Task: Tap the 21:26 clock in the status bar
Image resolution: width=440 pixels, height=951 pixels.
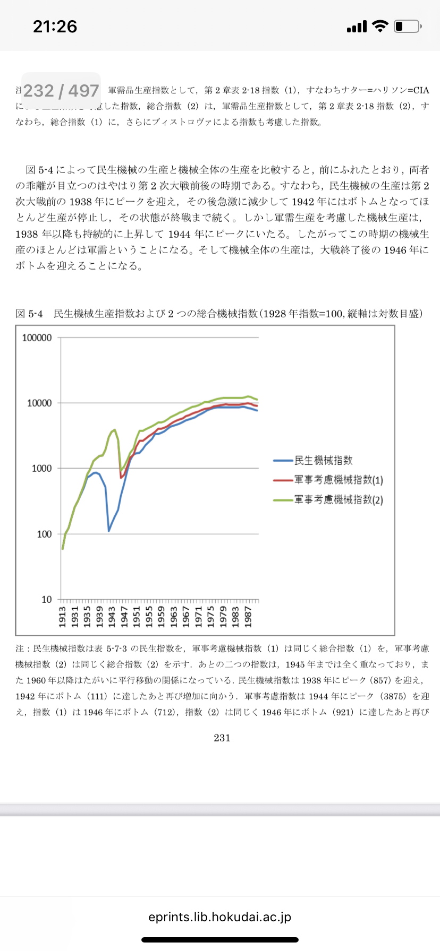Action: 55,27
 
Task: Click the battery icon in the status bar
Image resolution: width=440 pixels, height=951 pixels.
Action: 408,26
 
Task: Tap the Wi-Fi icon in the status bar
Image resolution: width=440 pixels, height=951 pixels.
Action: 380,26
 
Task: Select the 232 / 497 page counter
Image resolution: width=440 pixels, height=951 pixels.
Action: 61,91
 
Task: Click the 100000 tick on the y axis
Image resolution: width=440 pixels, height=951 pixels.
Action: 37,338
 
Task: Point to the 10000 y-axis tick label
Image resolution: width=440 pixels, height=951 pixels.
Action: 39,403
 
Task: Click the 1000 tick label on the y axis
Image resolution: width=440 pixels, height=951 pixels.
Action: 41,469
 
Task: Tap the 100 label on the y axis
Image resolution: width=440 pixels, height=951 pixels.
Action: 44,534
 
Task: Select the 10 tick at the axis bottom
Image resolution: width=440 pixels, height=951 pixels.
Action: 47,600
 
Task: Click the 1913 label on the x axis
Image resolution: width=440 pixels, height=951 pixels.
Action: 63,617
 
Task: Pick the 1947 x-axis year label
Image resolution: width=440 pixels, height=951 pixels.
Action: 124,617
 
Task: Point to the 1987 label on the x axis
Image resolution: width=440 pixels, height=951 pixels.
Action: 248,617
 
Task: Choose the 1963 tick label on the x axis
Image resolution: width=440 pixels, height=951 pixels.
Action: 174,617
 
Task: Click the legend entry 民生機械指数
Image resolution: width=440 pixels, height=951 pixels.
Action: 323,461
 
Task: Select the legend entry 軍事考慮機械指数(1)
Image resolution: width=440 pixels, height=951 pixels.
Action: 338,480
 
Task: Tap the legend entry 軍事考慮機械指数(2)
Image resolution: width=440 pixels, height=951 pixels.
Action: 338,500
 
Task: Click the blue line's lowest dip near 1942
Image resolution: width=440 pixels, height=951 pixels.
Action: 109,531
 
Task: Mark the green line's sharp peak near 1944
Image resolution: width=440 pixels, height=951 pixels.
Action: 115,430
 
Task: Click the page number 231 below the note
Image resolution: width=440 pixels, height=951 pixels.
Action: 222,738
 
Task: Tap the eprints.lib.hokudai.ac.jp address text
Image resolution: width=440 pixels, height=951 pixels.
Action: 220,917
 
